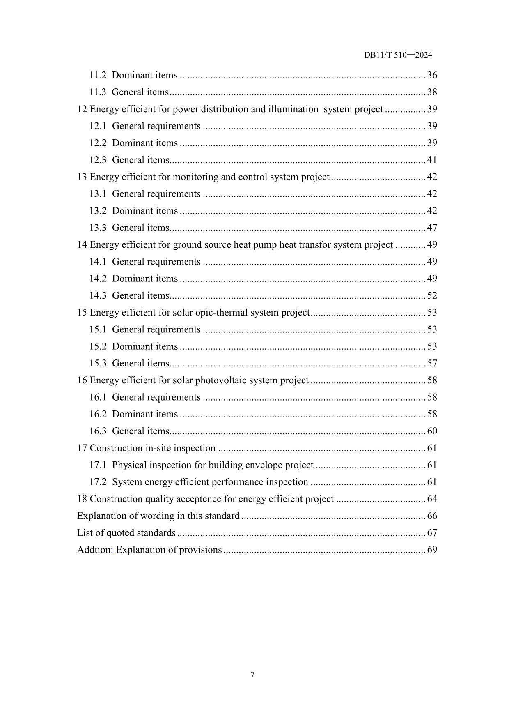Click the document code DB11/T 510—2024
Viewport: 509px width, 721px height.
point(398,55)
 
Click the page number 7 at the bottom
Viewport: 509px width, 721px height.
point(252,674)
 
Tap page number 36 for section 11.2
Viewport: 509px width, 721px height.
point(432,75)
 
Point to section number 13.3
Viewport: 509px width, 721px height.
point(98,228)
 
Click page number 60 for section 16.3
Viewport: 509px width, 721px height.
point(432,431)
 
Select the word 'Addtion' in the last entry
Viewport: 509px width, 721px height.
point(94,550)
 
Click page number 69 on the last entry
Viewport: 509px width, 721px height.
point(432,550)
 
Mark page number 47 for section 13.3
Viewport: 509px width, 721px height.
point(432,228)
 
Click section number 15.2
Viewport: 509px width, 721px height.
point(98,346)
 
